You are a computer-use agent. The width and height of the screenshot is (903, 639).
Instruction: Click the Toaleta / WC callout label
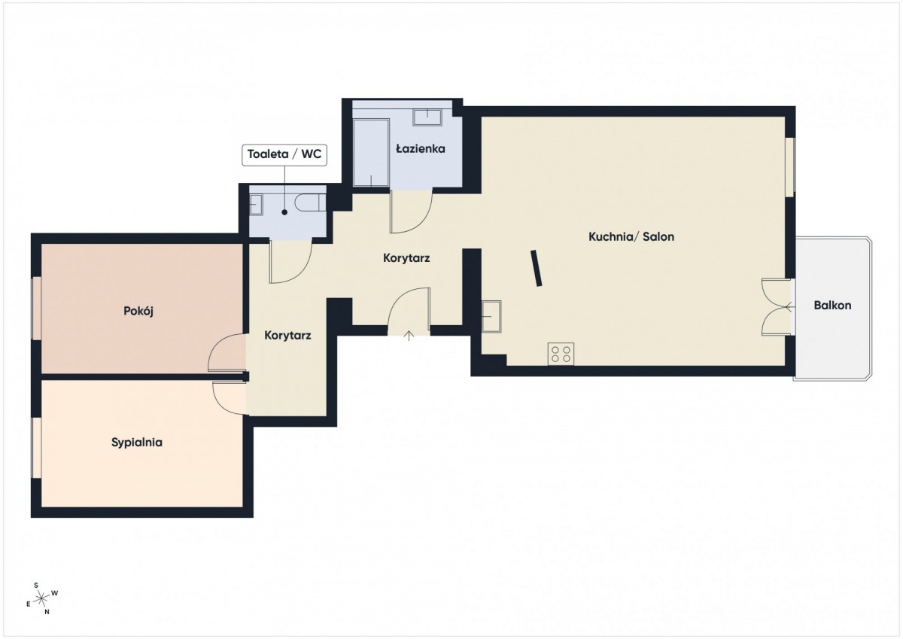tap(284, 154)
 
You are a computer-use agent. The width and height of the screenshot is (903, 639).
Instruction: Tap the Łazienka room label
tap(421, 149)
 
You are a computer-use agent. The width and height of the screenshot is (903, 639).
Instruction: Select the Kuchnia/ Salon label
tap(631, 236)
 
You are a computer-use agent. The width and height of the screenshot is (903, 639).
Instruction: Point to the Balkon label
tap(832, 305)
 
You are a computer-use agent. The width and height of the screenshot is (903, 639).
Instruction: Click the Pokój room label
tap(138, 312)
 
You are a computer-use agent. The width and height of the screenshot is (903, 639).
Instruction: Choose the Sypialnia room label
tap(137, 443)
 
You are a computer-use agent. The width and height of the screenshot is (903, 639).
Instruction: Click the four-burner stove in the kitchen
tap(561, 354)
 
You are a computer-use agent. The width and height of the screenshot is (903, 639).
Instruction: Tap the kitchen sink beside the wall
tap(492, 316)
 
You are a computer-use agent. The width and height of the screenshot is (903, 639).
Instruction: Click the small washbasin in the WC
tap(256, 205)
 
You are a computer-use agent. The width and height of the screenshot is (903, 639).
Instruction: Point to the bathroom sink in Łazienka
tap(427, 117)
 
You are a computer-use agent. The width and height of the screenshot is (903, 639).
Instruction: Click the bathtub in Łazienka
tap(371, 153)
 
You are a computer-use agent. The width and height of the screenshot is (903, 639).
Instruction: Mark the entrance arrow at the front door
tap(409, 336)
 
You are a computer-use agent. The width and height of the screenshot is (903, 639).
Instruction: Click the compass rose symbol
tap(41, 598)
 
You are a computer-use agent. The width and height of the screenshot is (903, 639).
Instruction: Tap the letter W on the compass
tap(55, 593)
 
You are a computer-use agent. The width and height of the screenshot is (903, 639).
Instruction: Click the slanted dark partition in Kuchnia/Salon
tap(536, 268)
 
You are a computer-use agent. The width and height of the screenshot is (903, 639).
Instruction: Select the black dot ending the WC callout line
tap(284, 212)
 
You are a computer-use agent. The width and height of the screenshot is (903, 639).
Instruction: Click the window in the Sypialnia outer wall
tap(36, 448)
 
